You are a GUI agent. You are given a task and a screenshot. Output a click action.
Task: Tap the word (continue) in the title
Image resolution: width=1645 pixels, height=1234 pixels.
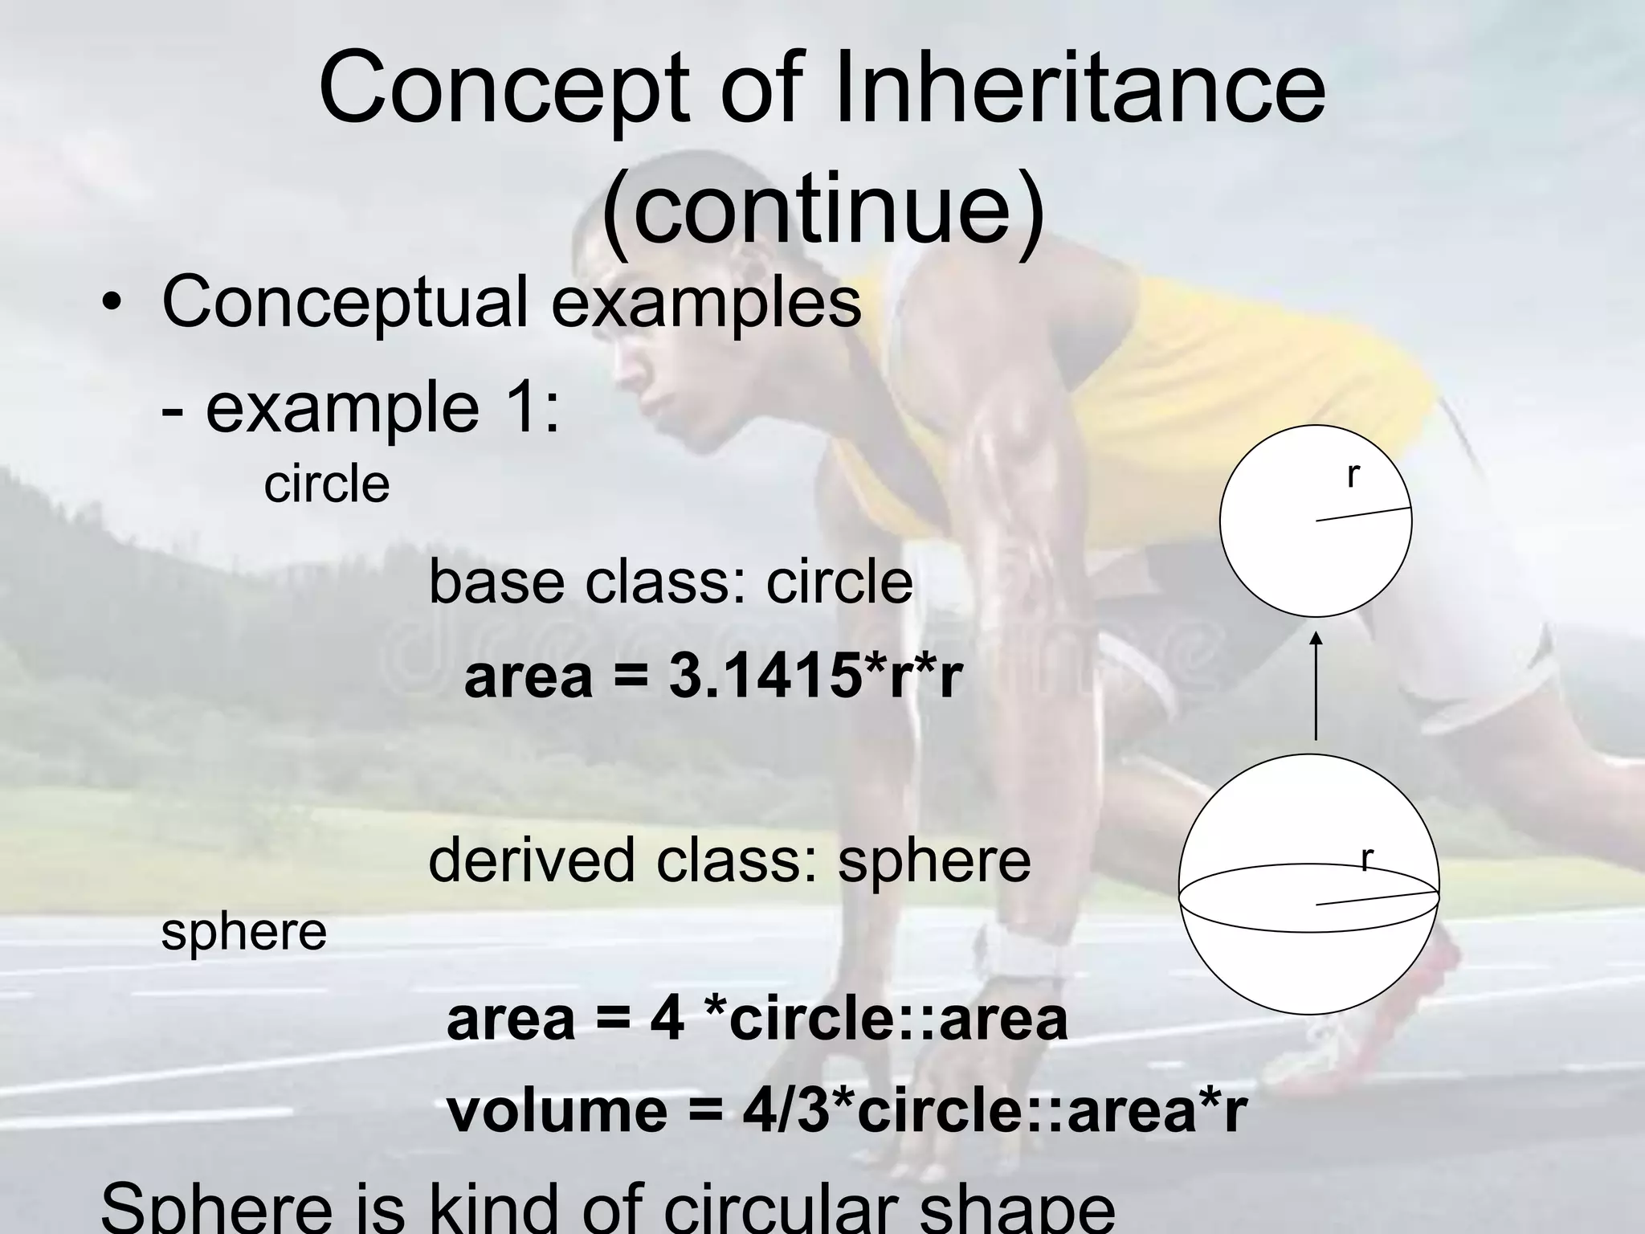click(x=822, y=210)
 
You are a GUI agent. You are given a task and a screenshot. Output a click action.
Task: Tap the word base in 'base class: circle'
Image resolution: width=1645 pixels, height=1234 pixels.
click(x=496, y=582)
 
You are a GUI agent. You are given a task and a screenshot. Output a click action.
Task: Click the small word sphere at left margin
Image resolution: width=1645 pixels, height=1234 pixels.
click(x=243, y=931)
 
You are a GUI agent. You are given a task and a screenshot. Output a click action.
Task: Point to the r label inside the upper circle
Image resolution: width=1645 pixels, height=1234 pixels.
click(x=1353, y=476)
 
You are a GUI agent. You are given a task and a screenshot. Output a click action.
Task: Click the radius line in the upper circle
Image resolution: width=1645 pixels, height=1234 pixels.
click(x=1363, y=514)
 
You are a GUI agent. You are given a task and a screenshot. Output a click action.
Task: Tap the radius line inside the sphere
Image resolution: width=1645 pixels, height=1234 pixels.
click(x=1377, y=898)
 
